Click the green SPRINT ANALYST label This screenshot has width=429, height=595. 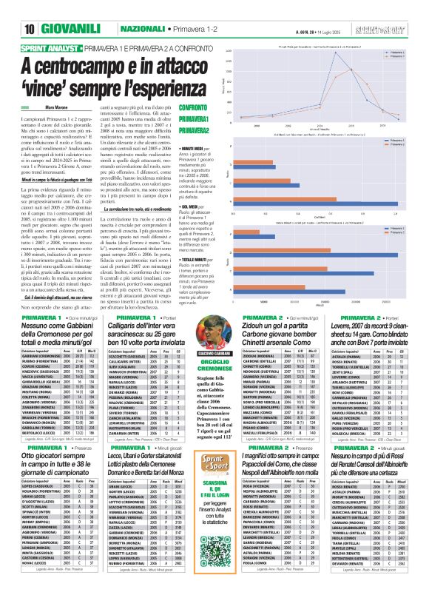(51, 48)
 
